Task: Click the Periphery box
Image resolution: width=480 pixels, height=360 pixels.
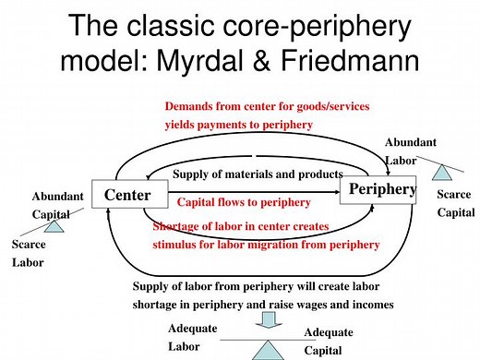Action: point(379,190)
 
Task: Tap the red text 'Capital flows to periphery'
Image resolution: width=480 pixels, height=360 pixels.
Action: point(242,201)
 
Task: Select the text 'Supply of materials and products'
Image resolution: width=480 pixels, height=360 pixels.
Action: point(258,174)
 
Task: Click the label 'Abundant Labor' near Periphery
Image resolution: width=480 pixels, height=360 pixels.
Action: point(412,150)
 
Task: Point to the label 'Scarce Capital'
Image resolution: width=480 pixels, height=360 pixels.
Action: point(453,203)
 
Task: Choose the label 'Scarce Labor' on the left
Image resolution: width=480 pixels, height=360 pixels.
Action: point(27,254)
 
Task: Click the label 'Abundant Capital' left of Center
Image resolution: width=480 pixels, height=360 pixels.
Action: point(57,205)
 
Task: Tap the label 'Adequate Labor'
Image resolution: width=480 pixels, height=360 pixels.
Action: point(193,338)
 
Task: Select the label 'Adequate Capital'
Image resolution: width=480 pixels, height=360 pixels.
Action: point(330,342)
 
